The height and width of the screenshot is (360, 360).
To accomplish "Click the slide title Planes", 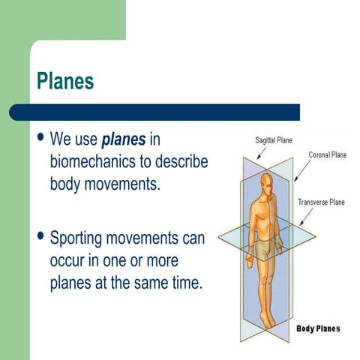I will pyautogui.click(x=65, y=81).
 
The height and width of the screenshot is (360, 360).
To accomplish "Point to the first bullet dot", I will pyautogui.click(x=40, y=138).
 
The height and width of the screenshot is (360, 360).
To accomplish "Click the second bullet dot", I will pyautogui.click(x=40, y=238).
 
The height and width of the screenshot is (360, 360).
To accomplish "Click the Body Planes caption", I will pyautogui.click(x=318, y=328).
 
